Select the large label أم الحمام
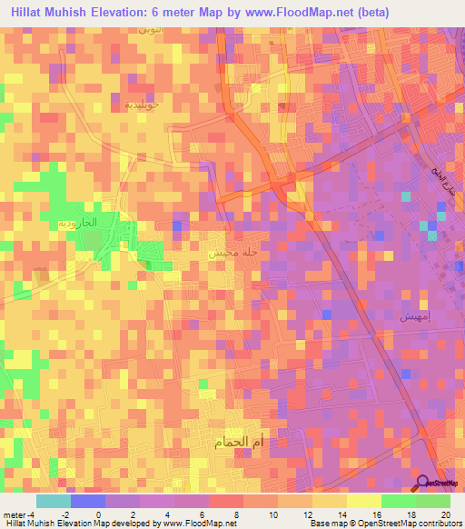coord(241,444)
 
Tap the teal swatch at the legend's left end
coord(54,500)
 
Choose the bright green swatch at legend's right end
coord(432,500)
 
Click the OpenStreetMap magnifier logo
coord(423,484)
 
